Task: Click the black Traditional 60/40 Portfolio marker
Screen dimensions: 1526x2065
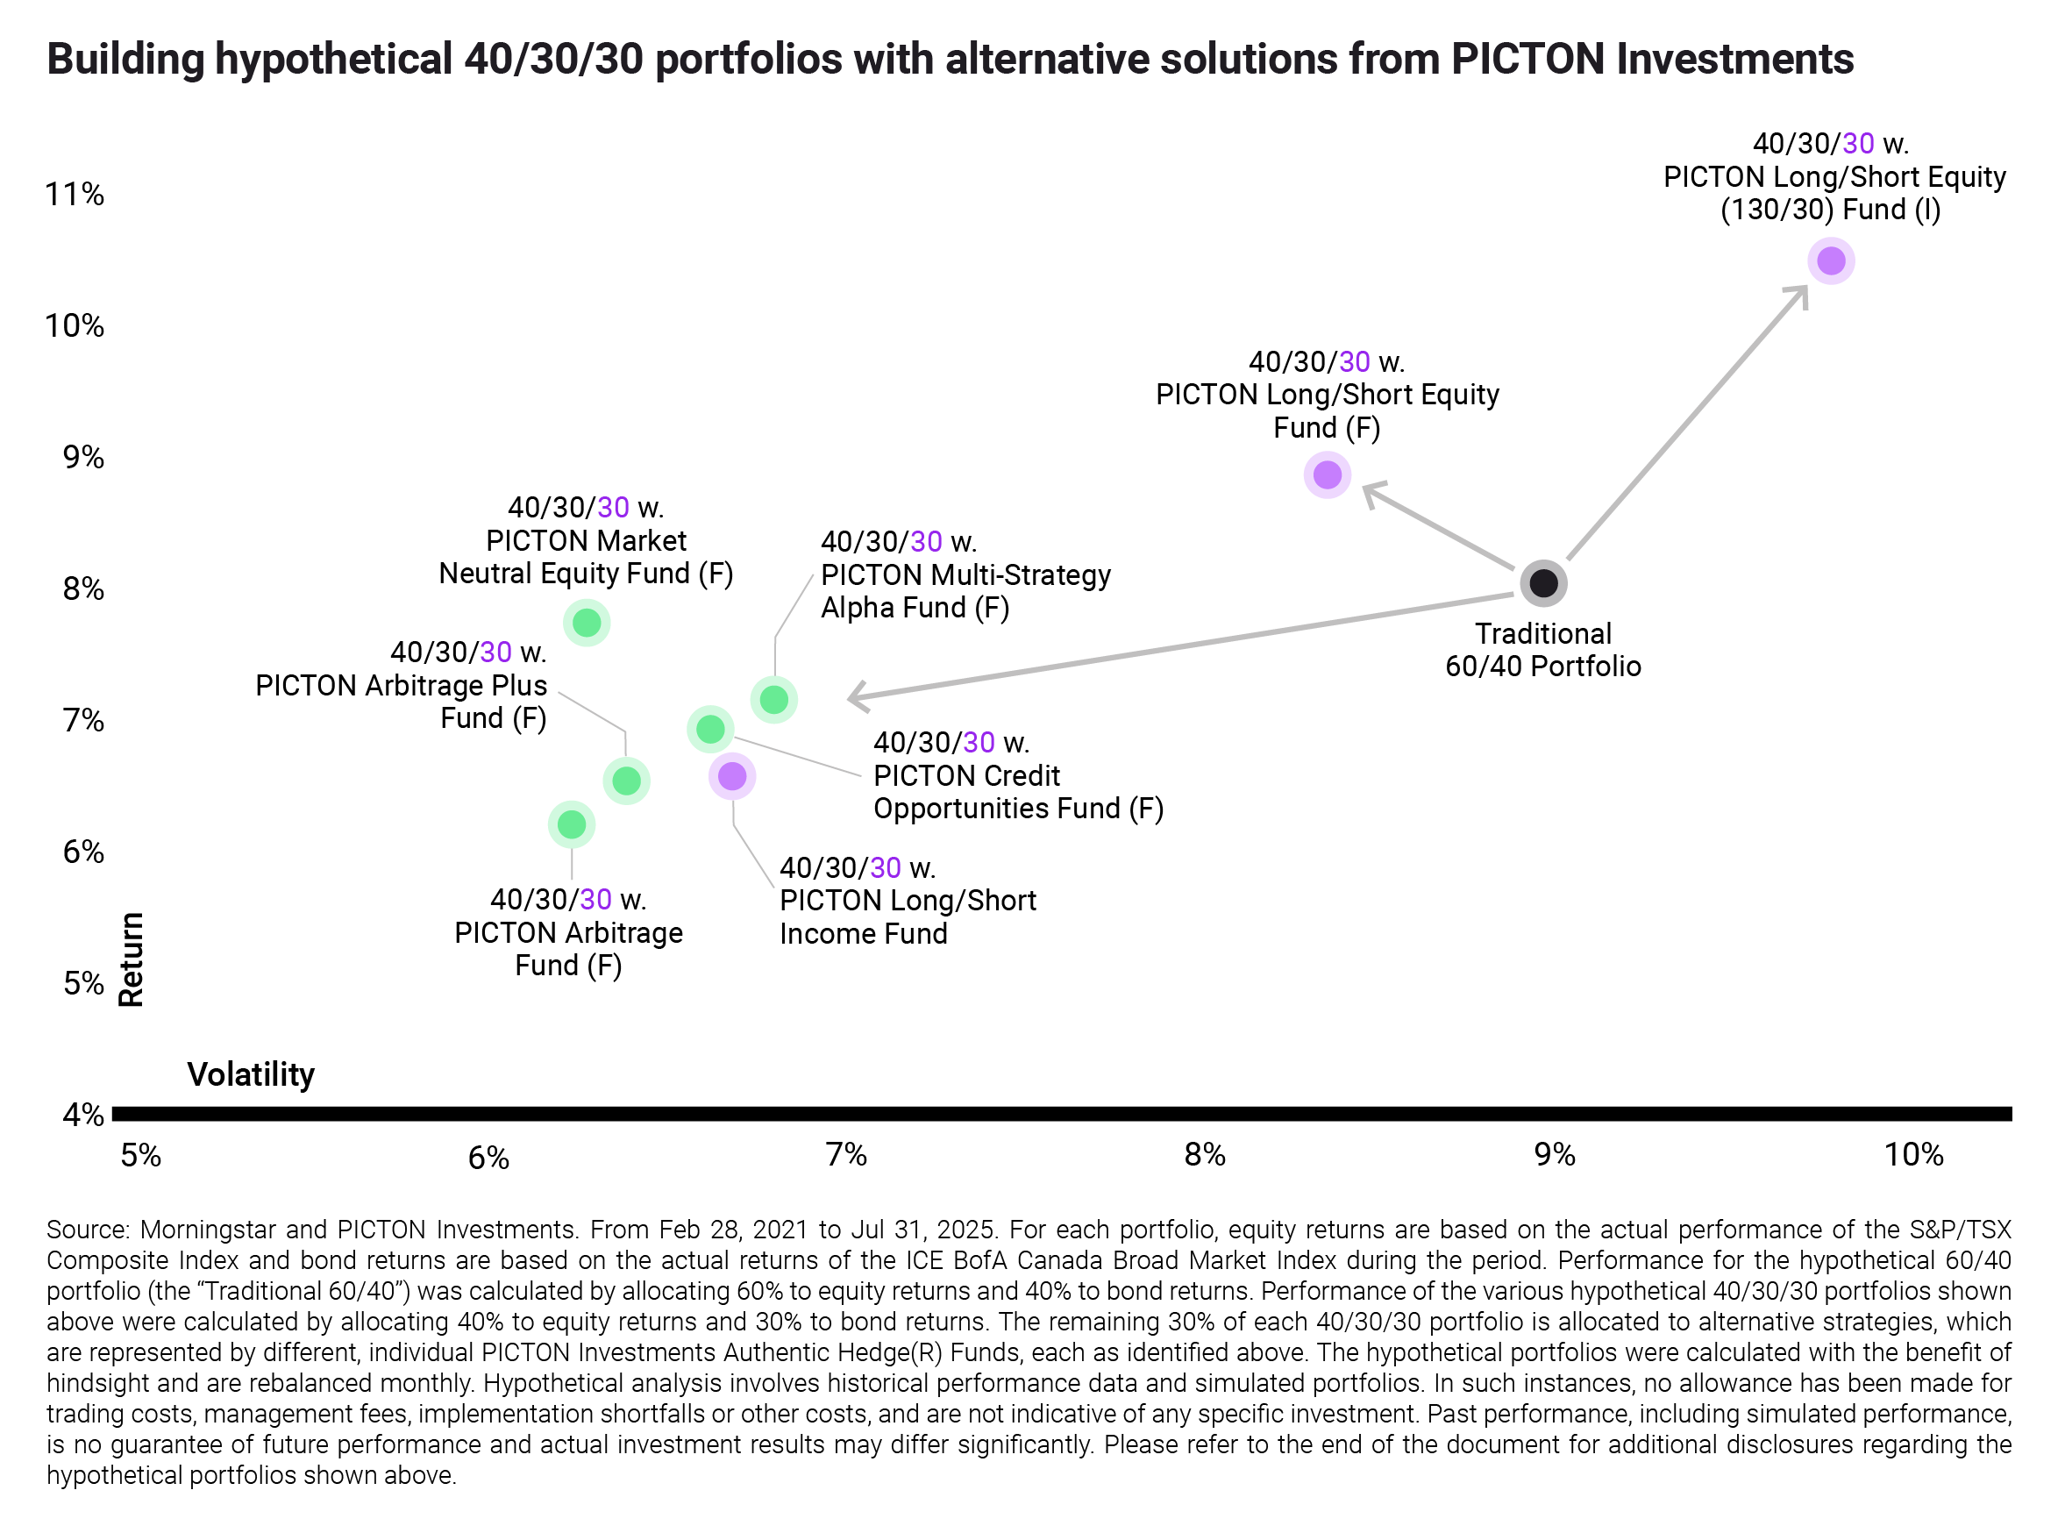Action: pos(1543,583)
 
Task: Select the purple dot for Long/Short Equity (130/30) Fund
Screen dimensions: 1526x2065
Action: pos(1830,261)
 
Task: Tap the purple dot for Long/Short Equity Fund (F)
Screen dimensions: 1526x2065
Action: pos(1327,474)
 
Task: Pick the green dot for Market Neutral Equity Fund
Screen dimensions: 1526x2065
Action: pos(587,623)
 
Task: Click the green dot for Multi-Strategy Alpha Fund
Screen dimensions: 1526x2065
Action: pos(774,699)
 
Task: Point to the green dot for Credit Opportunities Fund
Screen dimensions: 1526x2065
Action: pos(710,730)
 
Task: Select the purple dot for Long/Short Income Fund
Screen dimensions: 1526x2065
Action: pos(732,776)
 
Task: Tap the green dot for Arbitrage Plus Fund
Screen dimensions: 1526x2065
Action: pos(626,781)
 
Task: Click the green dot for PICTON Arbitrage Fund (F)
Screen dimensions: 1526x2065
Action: pos(572,824)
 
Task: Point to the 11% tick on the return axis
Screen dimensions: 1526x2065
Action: pos(75,194)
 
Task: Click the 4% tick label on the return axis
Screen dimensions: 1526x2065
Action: pos(83,1115)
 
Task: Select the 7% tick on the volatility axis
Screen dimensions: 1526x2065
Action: pos(846,1155)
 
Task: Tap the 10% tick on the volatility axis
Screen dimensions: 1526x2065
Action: pos(1913,1155)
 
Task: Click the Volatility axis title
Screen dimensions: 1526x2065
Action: pos(250,1074)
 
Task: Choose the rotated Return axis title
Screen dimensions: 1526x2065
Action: pos(132,959)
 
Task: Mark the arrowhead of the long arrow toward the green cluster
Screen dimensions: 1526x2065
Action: pos(855,697)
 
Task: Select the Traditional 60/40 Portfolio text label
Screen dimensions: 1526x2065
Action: pos(1542,649)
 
